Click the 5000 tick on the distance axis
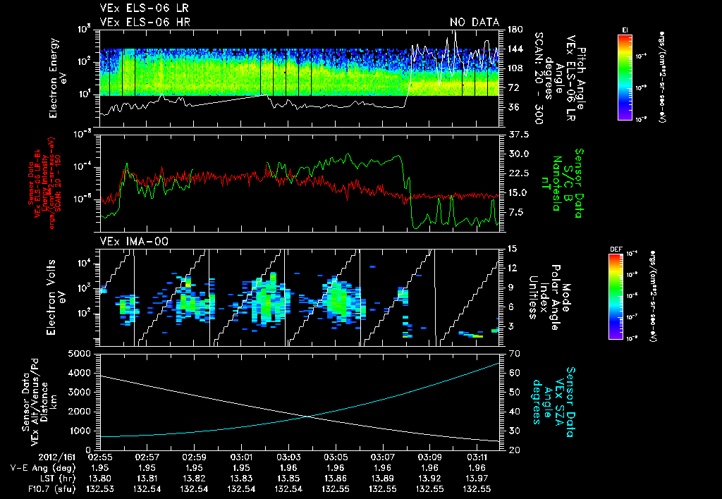point(82,352)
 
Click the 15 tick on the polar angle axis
point(510,248)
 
